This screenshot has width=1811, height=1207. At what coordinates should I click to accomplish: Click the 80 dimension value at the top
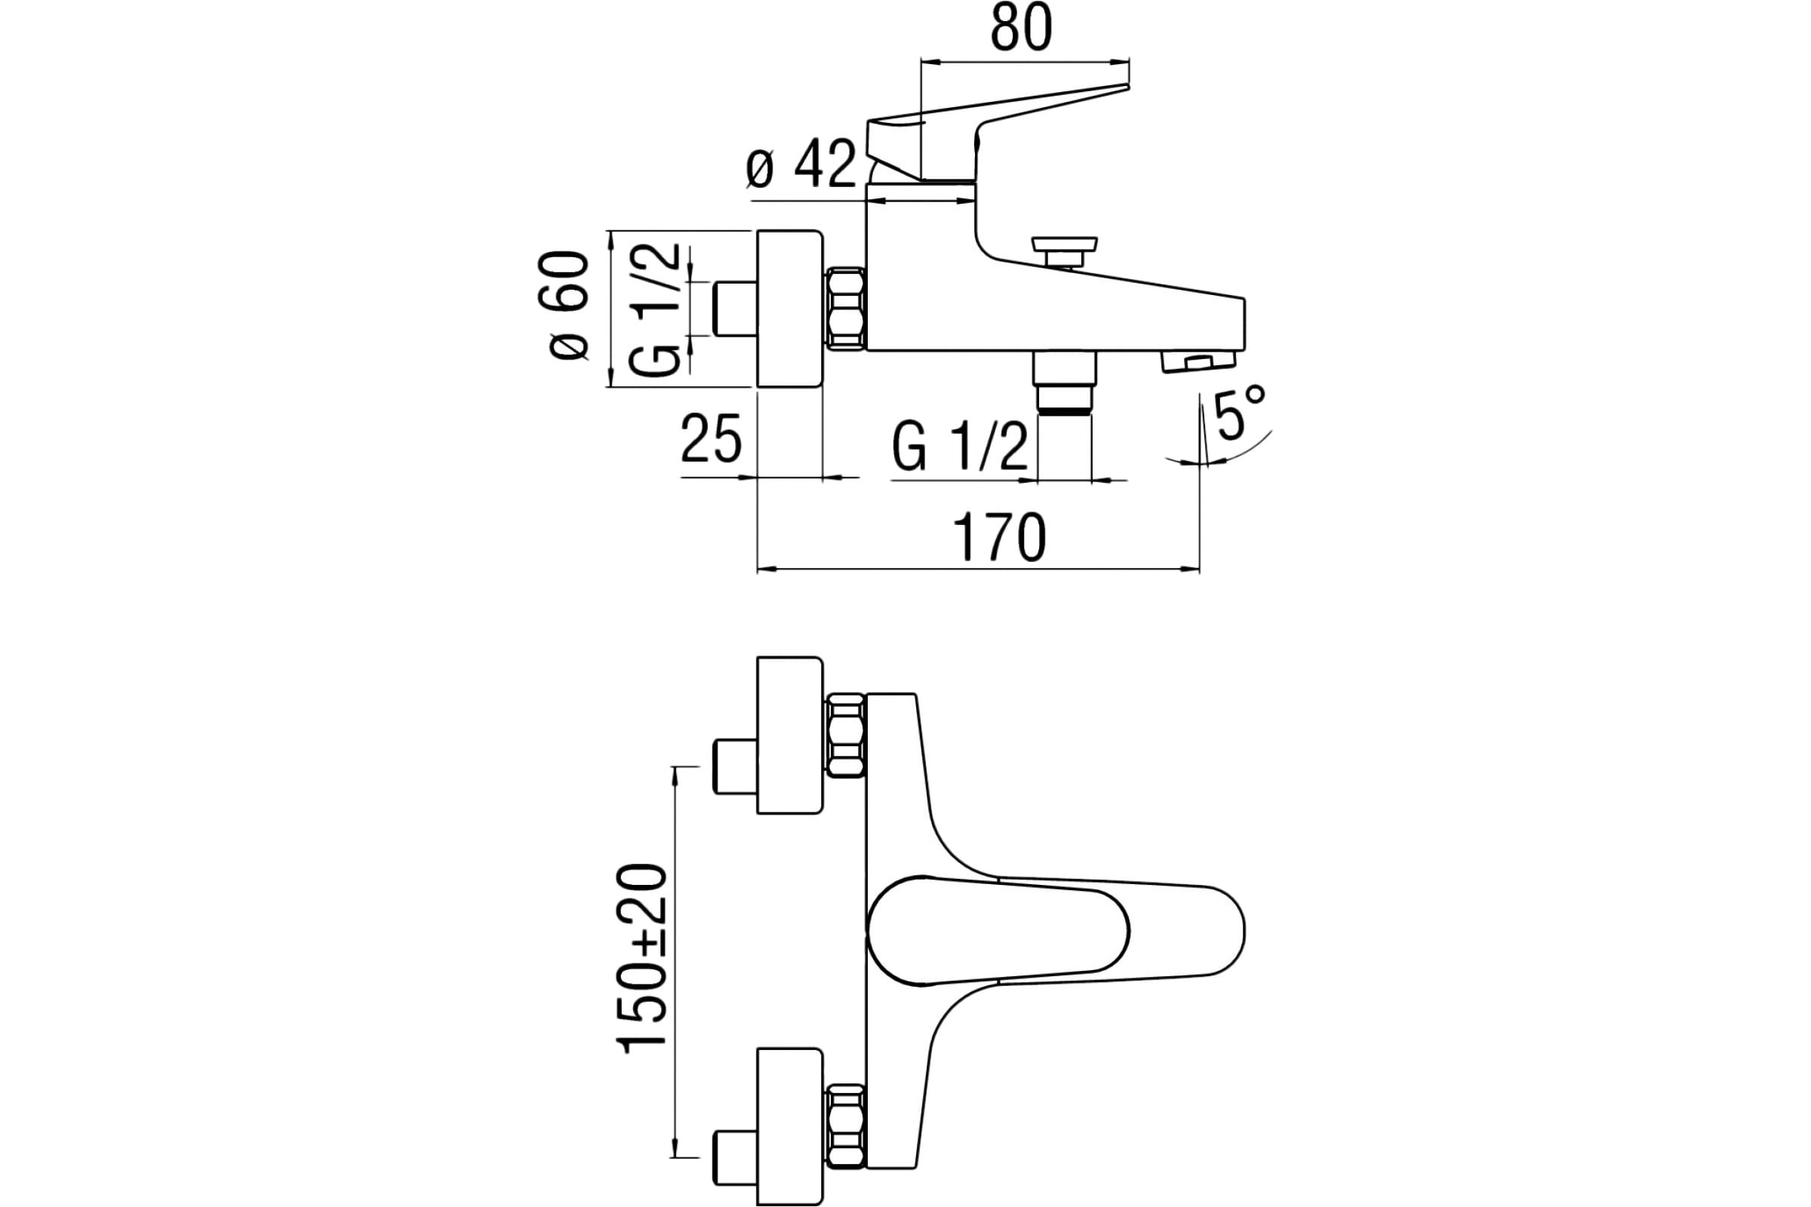click(x=1021, y=29)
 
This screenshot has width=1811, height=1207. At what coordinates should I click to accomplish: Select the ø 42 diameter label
click(x=801, y=164)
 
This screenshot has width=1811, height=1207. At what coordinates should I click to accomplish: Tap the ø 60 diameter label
click(x=569, y=305)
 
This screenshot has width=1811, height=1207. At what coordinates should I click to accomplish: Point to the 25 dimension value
click(x=711, y=438)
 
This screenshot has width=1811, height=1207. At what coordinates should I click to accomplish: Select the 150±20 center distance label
click(x=641, y=958)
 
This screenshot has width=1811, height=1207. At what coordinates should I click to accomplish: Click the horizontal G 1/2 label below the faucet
click(x=960, y=447)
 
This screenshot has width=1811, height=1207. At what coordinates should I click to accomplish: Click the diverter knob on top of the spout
click(x=1064, y=252)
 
